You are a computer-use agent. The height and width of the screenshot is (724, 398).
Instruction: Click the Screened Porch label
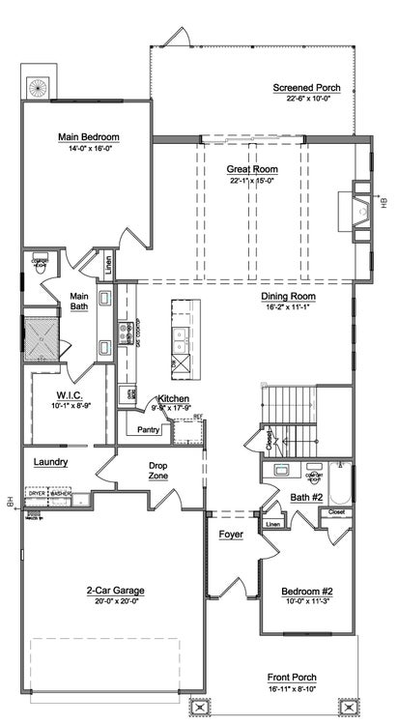point(306,87)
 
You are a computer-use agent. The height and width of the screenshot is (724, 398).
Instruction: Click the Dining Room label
point(289,297)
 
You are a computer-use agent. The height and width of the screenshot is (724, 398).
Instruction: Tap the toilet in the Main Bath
point(41,264)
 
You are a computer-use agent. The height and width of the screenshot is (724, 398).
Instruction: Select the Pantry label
point(149,429)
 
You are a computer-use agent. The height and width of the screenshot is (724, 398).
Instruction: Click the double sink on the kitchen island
point(181,337)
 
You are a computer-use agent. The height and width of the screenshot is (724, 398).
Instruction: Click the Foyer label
point(230,534)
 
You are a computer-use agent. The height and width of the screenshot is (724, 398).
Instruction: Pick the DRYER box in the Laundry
point(37,494)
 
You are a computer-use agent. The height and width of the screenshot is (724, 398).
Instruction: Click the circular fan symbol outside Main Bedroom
point(39,87)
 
